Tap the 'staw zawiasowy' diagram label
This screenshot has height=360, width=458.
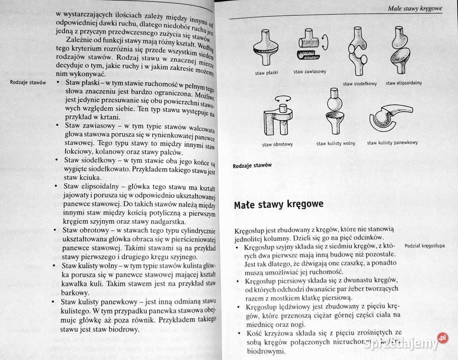310,72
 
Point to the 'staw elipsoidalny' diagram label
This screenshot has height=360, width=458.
403,83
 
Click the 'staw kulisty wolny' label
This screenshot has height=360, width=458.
336,143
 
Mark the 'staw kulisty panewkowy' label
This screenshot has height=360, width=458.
392,143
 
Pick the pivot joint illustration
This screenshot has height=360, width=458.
277,115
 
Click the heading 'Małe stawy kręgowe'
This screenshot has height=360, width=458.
279,204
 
